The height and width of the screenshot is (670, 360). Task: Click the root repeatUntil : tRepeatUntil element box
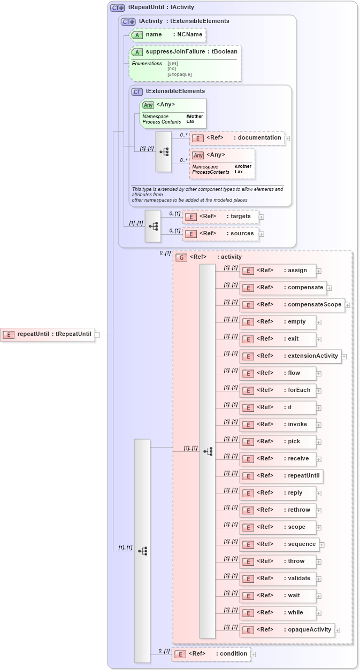[48, 335]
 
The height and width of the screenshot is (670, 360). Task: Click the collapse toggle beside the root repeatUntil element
[97, 335]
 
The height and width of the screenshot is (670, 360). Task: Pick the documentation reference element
[236, 138]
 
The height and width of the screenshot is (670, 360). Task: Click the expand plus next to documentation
[287, 138]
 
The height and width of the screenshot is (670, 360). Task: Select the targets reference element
[220, 217]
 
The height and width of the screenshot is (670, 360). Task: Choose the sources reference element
[220, 234]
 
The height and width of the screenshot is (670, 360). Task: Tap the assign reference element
[278, 271]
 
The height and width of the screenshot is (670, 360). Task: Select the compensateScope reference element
[292, 305]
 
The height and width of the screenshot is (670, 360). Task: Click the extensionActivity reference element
[290, 356]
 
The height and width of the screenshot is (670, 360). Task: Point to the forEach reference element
[278, 390]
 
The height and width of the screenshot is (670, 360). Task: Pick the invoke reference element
[278, 425]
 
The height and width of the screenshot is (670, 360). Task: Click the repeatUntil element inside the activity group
[281, 476]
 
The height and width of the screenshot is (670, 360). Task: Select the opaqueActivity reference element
[287, 630]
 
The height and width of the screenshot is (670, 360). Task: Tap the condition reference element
[211, 654]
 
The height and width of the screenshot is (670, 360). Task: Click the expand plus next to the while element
[319, 613]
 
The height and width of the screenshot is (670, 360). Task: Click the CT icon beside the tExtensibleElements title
[137, 91]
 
